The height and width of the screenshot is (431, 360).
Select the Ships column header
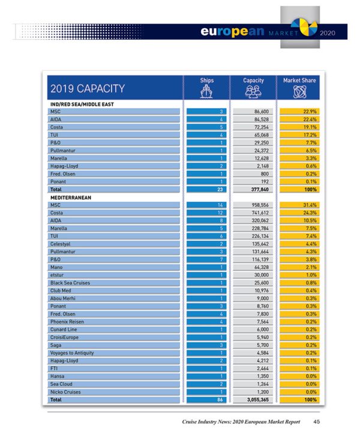coord(206,80)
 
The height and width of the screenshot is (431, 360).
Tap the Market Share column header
coord(299,80)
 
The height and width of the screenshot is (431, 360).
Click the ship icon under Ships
coord(206,92)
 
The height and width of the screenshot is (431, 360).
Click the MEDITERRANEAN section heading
coord(71,197)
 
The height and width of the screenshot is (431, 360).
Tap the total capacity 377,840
coord(259,189)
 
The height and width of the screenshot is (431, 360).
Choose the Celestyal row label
coord(62,244)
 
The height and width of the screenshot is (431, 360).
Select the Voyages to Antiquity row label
coord(73,353)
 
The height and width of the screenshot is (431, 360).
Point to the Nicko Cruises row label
coord(67,392)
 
